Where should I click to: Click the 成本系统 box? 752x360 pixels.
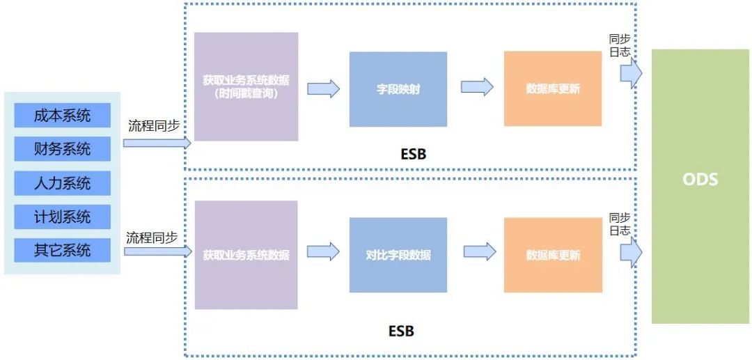[x=62, y=115]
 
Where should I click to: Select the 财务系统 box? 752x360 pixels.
[x=62, y=149]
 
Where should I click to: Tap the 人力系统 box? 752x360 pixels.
[x=62, y=184]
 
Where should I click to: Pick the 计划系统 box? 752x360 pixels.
[x=62, y=217]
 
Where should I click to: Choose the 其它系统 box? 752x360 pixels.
[x=62, y=250]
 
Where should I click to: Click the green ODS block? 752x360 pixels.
[x=700, y=186]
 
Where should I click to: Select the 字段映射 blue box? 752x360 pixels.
[x=398, y=89]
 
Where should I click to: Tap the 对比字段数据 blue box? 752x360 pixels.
[x=398, y=255]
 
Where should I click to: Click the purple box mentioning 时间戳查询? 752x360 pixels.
[x=246, y=86]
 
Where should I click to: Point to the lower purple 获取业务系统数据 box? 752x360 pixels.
[x=246, y=255]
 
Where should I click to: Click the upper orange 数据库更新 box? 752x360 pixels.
[x=552, y=88]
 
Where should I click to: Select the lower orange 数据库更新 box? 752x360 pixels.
[x=552, y=255]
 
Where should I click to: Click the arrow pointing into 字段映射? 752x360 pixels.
[x=323, y=88]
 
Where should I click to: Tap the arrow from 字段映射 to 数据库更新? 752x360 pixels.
[x=477, y=87]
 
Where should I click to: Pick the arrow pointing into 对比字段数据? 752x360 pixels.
[x=323, y=251]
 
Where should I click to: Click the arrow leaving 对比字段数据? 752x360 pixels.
[x=479, y=251]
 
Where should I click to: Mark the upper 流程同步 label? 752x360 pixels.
[x=154, y=126]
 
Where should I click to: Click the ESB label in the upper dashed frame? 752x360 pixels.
[x=412, y=155]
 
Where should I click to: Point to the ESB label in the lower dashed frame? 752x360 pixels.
[x=401, y=331]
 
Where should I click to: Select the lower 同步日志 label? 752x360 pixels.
[x=620, y=224]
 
